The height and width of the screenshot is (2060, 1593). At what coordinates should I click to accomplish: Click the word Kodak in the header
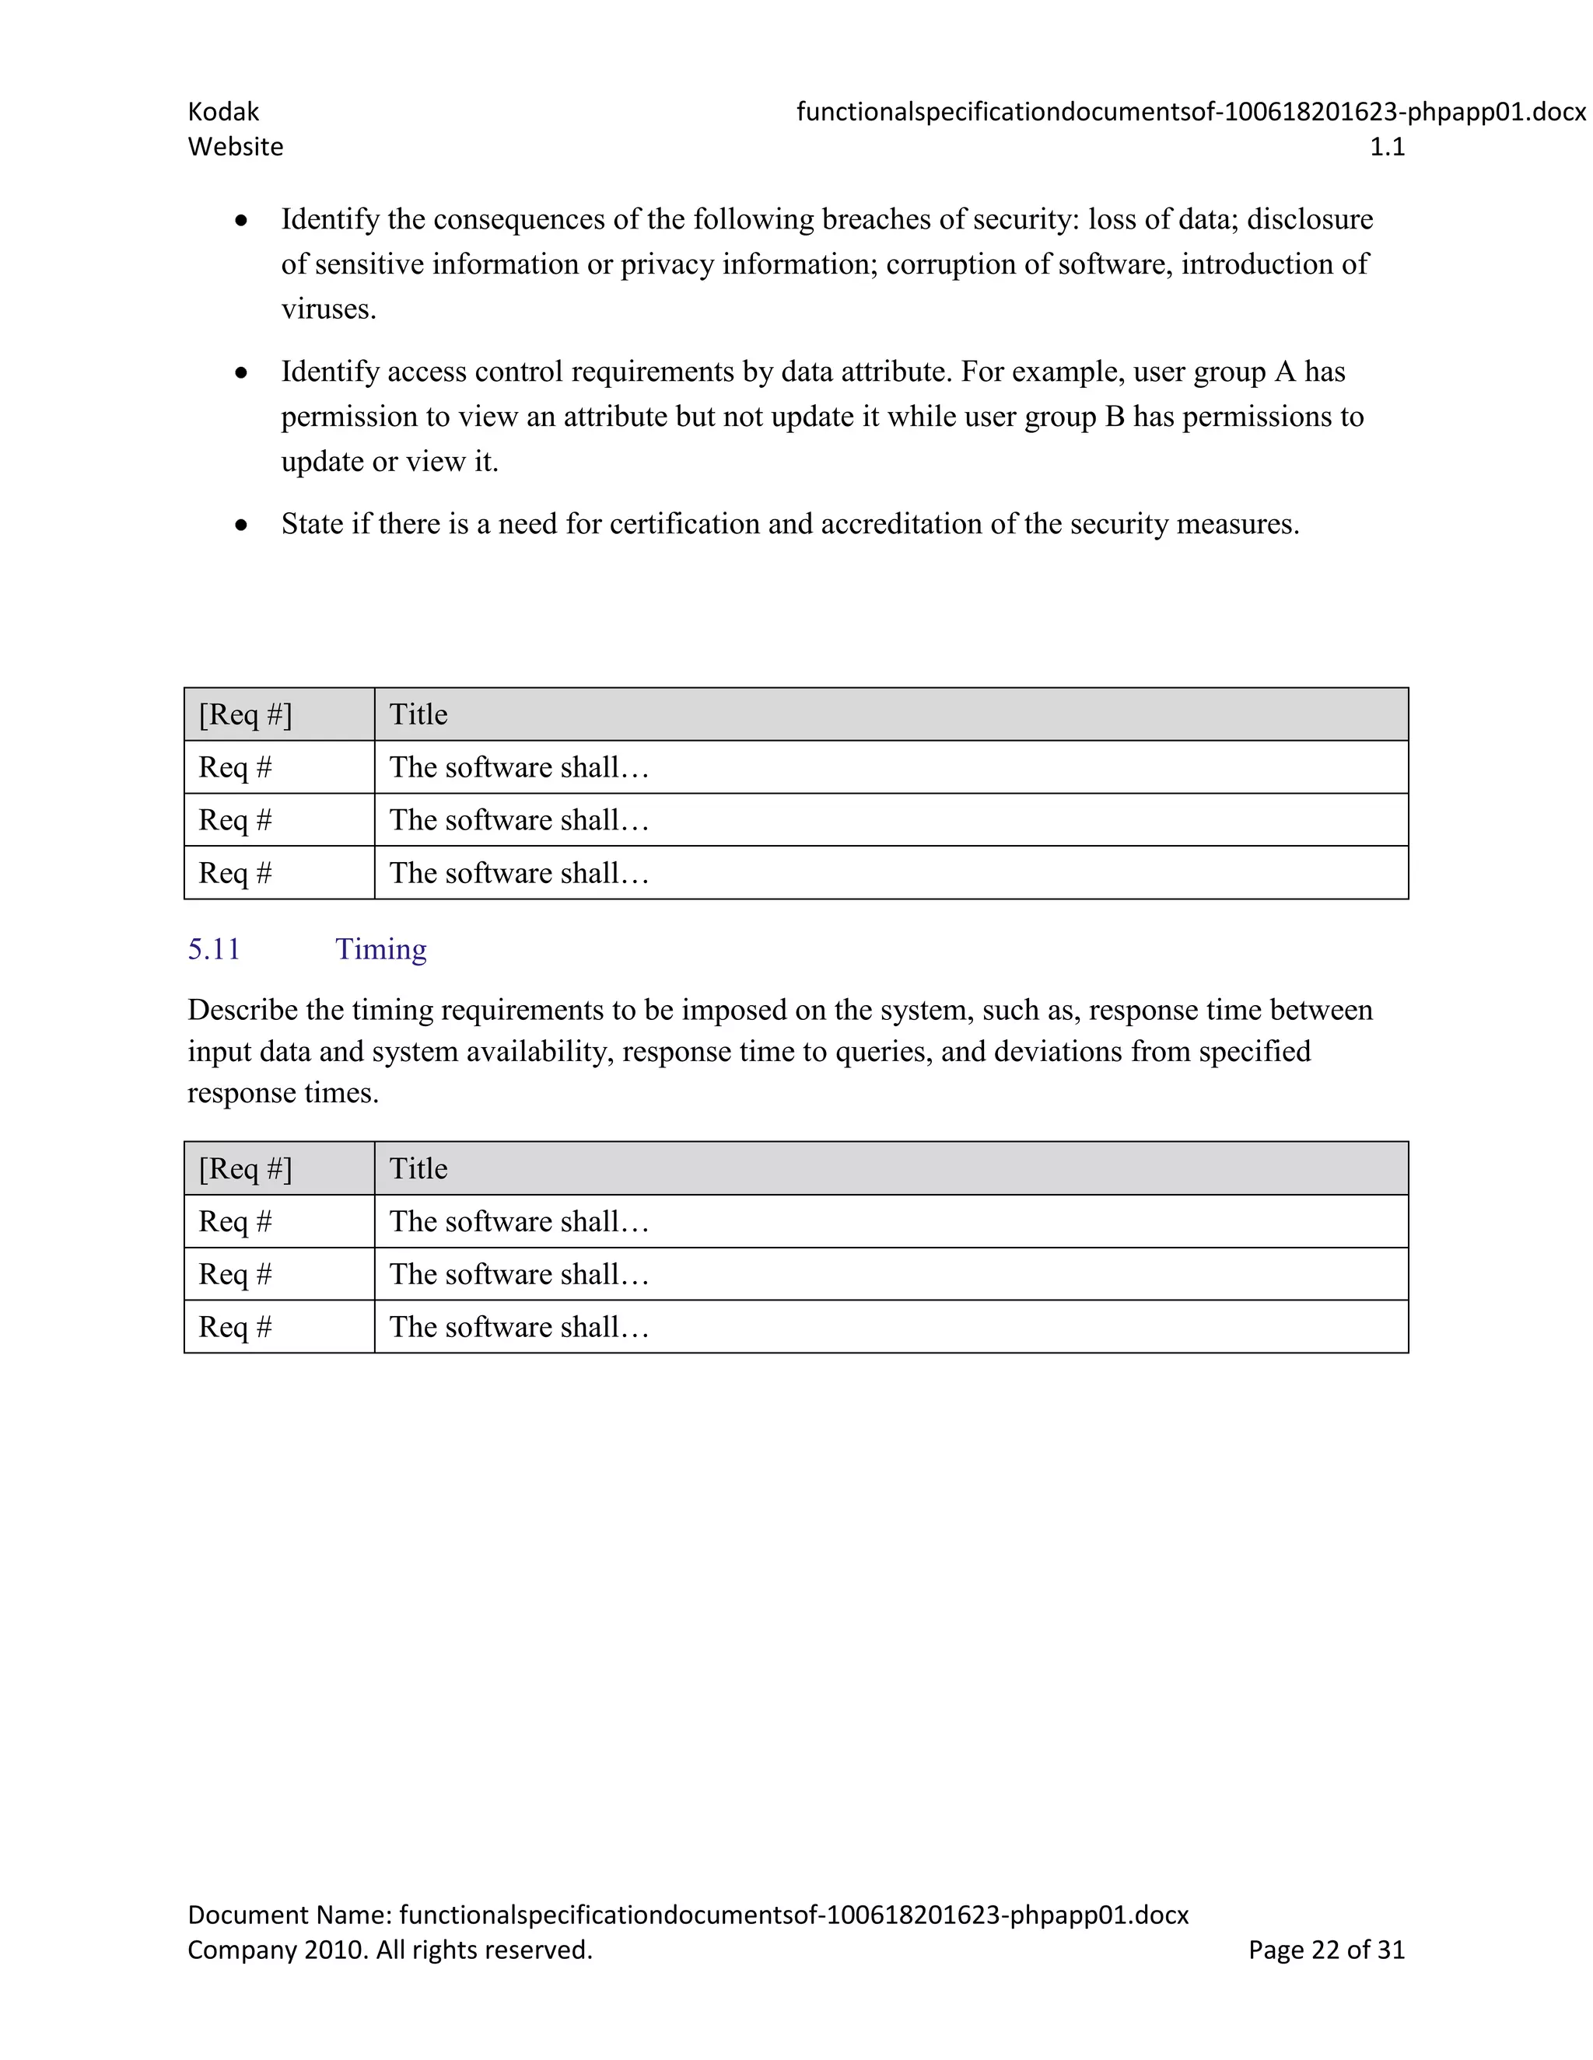coord(222,111)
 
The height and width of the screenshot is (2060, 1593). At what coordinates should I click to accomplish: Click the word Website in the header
coord(235,147)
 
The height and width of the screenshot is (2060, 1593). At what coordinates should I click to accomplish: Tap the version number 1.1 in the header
coord(1386,147)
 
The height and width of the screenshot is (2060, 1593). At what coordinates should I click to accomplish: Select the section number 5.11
coord(214,949)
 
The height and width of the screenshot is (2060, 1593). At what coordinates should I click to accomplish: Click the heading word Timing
coord(380,949)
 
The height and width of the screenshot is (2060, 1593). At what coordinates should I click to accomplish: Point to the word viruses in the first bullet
coord(327,309)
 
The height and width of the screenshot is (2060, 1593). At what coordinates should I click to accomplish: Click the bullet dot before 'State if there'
coord(242,525)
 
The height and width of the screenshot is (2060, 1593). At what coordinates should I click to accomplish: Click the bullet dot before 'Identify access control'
coord(242,372)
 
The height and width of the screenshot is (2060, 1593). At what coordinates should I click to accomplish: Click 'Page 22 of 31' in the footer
coord(1326,1950)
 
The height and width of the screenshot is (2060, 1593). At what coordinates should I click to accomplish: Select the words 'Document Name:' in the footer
coord(289,1915)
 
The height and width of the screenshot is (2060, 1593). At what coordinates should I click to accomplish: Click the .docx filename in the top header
coord(1191,111)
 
